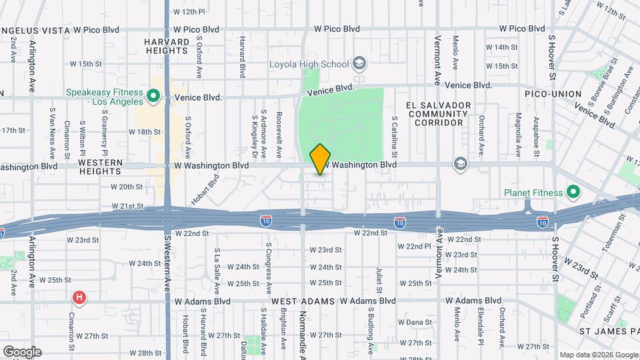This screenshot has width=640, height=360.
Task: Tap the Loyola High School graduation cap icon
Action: tap(359, 64)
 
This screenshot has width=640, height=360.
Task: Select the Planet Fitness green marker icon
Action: tap(573, 193)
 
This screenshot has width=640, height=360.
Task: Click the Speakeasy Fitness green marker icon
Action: tap(153, 97)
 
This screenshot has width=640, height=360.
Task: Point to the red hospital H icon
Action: tap(79, 297)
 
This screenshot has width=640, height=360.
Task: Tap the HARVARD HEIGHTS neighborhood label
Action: tap(167, 46)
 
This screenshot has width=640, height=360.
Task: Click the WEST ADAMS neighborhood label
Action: tap(303, 301)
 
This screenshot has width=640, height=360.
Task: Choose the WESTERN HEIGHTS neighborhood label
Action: tap(100, 167)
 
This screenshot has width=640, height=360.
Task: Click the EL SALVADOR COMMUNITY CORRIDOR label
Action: tap(439, 114)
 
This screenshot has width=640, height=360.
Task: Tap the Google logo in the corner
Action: tap(21, 351)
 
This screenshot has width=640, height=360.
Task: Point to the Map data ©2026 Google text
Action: tap(598, 355)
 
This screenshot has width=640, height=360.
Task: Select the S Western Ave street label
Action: tap(167, 267)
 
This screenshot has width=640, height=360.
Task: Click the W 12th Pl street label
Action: tap(189, 11)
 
